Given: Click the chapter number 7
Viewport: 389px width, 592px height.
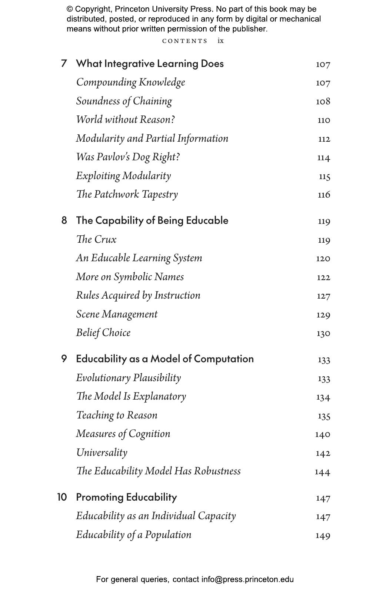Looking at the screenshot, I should point(64,64).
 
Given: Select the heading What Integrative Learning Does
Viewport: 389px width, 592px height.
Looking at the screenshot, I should point(150,64).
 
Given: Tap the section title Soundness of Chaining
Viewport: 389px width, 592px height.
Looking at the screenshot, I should point(124,101).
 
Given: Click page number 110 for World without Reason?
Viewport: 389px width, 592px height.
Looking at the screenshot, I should point(323,120).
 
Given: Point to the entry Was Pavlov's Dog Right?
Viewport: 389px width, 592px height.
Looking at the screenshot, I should point(128,157).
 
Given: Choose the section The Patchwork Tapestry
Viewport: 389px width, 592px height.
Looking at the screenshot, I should point(127,194).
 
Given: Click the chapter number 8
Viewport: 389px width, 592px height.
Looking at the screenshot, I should point(64,221).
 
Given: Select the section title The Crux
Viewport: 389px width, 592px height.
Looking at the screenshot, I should point(96,239).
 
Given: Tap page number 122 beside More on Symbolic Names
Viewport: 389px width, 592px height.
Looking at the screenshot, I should point(323,277).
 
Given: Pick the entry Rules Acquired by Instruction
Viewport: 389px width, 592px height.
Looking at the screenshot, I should point(138,295).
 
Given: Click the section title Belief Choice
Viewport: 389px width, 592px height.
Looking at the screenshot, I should point(103,333).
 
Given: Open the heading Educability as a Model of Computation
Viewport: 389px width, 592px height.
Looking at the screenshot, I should point(165,359).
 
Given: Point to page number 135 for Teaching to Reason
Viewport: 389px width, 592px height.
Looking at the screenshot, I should point(324,416).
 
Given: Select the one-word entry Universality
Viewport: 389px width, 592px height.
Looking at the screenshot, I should point(102,453).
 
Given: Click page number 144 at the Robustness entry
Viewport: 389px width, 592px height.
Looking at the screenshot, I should point(322,472).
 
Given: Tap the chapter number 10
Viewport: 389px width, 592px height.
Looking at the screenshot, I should point(62,497).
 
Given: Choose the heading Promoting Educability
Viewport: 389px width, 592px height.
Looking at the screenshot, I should point(126,497).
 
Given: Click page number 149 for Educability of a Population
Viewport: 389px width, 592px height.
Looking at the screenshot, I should point(323,535).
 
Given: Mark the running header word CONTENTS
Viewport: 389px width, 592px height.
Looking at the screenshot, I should point(185,41).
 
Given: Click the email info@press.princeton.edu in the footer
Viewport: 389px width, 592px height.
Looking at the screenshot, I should point(247,579).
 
